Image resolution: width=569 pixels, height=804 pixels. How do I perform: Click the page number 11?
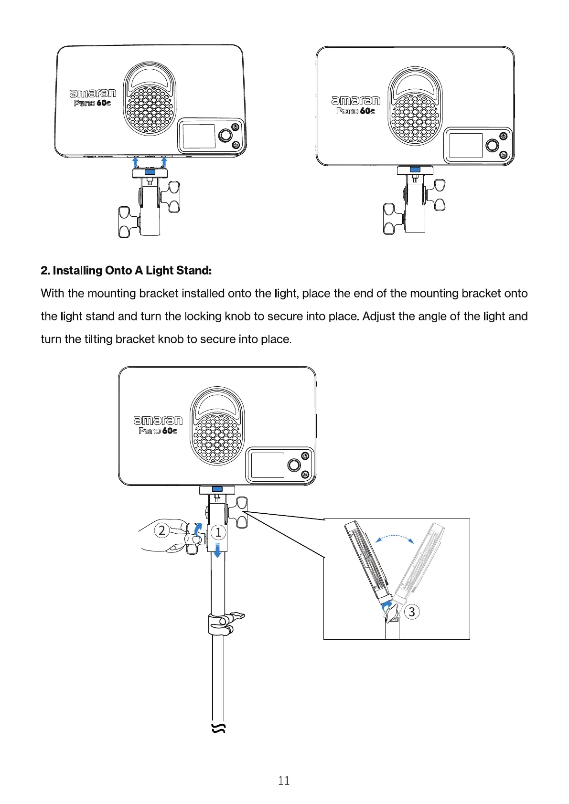pyautogui.click(x=284, y=781)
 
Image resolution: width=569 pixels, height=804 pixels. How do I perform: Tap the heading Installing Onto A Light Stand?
pyautogui.click(x=126, y=271)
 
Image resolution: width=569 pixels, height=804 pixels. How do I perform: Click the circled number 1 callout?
pyautogui.click(x=218, y=532)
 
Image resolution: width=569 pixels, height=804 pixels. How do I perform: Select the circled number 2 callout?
pyautogui.click(x=162, y=530)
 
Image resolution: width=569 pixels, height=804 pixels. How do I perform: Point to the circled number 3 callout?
pyautogui.click(x=412, y=612)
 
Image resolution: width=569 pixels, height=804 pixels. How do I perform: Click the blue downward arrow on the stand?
pyautogui.click(x=218, y=550)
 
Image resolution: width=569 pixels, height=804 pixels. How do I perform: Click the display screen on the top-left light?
pyautogui.click(x=199, y=136)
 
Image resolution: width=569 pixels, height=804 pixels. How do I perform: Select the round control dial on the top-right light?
pyautogui.click(x=492, y=145)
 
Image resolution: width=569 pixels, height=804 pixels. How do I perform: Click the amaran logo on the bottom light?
pyautogui.click(x=158, y=420)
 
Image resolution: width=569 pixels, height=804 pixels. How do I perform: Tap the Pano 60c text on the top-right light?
pyautogui.click(x=355, y=111)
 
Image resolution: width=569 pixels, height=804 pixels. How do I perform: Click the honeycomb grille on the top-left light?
pyautogui.click(x=150, y=110)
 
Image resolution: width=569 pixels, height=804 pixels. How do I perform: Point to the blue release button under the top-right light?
pyautogui.click(x=415, y=169)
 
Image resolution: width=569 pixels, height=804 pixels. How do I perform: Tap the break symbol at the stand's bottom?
pyautogui.click(x=218, y=728)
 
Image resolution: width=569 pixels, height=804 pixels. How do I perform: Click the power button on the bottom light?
pyautogui.click(x=305, y=455)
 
